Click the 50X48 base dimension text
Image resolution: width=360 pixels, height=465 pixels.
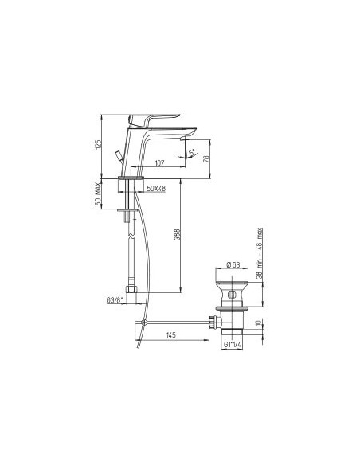pos(157,188)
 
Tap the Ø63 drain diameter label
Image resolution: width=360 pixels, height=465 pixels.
pos(233,264)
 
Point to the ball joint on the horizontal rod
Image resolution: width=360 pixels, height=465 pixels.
pos(143,322)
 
